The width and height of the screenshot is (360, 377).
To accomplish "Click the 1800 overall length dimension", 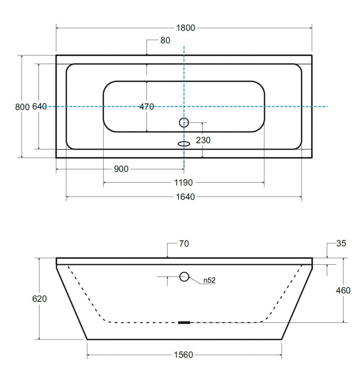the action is click(186, 28).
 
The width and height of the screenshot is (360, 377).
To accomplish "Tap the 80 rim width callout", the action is click(165, 40).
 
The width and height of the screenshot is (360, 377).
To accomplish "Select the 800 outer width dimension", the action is click(22, 107).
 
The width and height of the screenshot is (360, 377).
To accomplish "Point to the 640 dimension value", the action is click(39, 106).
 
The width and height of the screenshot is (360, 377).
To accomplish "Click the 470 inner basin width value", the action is click(147, 106).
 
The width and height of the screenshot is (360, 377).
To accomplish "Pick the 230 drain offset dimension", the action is click(203, 140).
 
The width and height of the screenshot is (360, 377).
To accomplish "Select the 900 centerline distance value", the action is click(121, 169).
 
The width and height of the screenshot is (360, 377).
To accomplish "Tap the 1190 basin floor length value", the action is click(183, 183).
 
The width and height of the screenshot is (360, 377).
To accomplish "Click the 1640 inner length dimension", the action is click(185, 197).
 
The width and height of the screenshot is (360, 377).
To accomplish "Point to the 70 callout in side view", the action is click(184, 244).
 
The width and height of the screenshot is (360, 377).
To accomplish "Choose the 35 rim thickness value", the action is click(341, 243).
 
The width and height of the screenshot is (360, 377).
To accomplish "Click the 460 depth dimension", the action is click(343, 290).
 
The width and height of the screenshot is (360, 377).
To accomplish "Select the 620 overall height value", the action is click(39, 299).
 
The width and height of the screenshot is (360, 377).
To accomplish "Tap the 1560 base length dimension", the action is click(183, 355).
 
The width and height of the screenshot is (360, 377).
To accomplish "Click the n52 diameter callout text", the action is click(209, 280).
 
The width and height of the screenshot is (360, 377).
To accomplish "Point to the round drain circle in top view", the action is click(184, 118).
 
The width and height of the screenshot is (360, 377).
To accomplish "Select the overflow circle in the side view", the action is click(184, 272).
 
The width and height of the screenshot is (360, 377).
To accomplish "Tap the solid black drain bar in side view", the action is click(184, 323).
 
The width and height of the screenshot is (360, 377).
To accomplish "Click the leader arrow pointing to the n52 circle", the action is click(195, 280).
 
